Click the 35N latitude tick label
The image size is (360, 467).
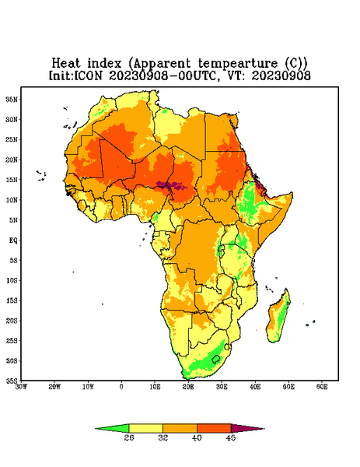[x=12, y=99]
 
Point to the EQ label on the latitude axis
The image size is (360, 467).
[x=13, y=240]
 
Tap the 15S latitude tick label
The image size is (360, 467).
[x=12, y=300]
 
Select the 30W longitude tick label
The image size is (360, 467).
[x=21, y=387]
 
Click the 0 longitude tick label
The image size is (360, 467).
[x=121, y=387]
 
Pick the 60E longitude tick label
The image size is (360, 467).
[x=322, y=387]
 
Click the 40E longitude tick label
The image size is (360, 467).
[x=255, y=387]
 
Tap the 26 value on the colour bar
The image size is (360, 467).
[x=129, y=437]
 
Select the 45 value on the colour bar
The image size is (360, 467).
[x=231, y=437]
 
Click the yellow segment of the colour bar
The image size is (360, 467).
[x=145, y=428]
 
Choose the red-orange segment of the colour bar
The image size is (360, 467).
[x=214, y=428]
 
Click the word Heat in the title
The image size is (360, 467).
[x=66, y=63]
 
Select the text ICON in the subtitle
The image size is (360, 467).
[x=88, y=75]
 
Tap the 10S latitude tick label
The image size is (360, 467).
[x=12, y=280]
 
